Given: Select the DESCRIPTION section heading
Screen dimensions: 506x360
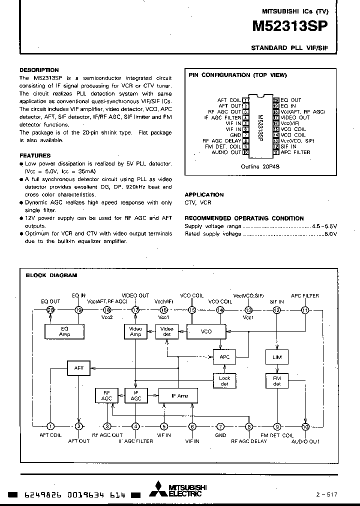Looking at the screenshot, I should click(x=39, y=70).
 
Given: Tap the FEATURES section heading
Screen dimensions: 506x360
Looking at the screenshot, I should click(x=35, y=155).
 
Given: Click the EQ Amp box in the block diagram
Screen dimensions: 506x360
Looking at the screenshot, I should click(x=64, y=331).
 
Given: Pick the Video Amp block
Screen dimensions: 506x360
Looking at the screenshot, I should click(x=135, y=331).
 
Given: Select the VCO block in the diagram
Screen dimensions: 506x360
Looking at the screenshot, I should click(x=206, y=331).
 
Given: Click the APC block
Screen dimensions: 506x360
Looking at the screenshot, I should click(x=224, y=357).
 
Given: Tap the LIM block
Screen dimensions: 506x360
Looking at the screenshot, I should click(x=276, y=357).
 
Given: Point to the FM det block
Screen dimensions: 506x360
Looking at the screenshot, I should click(x=276, y=381).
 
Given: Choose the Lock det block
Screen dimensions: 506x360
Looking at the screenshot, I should click(x=224, y=381).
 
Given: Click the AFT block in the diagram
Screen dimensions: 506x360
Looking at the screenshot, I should click(x=78, y=368).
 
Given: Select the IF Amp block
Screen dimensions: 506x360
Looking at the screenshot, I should click(x=179, y=395).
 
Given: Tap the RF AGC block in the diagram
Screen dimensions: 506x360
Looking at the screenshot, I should click(x=106, y=395).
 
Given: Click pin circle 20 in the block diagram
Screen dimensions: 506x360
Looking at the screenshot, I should click(x=50, y=310).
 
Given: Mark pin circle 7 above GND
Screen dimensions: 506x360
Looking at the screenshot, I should click(x=220, y=426).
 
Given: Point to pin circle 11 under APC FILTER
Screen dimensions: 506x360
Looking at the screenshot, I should click(x=305, y=310).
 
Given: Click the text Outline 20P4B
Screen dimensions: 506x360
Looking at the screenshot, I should click(x=260, y=166).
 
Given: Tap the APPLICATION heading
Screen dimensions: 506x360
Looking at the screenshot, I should click(x=204, y=194).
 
